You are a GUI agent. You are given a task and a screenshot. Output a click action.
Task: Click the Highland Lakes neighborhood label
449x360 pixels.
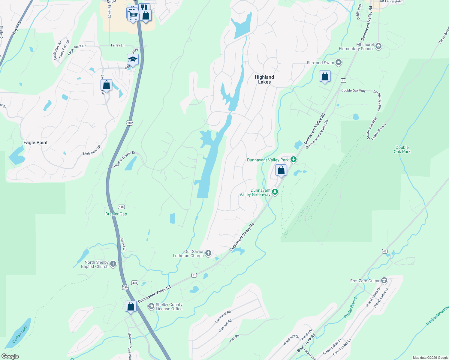[264, 79]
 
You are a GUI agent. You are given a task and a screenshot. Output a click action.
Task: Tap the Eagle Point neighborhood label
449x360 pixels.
[35, 142]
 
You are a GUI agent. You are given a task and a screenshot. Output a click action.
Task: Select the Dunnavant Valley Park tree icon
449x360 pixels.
[294, 160]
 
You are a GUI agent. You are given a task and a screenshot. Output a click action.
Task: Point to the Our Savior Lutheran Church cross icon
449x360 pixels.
[208, 253]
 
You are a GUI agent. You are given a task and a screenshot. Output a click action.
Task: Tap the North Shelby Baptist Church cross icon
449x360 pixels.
[113, 264]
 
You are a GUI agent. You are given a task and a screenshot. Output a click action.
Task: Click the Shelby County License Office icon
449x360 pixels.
[151, 306]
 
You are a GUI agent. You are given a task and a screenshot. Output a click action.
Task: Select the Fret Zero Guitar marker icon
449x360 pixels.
[384, 281]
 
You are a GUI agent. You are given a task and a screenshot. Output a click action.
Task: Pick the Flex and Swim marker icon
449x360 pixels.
[339, 62]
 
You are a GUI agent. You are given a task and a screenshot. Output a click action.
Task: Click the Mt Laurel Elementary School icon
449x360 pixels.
[378, 46]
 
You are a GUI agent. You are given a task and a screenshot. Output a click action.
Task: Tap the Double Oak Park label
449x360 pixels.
[402, 149]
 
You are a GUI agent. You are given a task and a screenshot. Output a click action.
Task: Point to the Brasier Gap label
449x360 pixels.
[116, 214]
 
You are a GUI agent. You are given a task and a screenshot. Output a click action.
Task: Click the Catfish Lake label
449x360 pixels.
[20, 334]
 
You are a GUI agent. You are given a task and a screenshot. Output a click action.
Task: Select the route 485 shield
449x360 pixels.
[121, 207]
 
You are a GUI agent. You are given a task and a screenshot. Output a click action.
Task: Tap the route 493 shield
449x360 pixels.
[134, 283]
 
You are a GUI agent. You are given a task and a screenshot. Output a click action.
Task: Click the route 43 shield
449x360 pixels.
[385, 251]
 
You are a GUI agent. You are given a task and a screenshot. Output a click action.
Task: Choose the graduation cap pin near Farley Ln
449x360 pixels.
[133, 59]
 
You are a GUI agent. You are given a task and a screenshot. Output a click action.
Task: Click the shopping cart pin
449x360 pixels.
[133, 14]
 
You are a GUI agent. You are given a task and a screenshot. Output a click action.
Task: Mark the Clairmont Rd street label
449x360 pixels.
[223, 317]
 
